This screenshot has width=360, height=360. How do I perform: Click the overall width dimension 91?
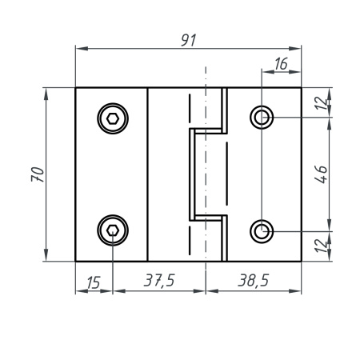pyautogui.click(x=189, y=39)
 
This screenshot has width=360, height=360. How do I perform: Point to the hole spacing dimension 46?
pyautogui.click(x=320, y=174)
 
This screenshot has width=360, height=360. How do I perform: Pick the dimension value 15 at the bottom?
pyautogui.click(x=93, y=281)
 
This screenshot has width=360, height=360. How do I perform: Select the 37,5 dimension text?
pyautogui.click(x=159, y=281)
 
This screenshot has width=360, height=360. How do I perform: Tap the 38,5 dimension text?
pyautogui.click(x=254, y=281)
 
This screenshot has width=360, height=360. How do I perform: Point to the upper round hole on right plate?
pyautogui.click(x=262, y=118)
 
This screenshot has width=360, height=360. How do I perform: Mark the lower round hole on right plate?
pyautogui.click(x=262, y=231)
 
